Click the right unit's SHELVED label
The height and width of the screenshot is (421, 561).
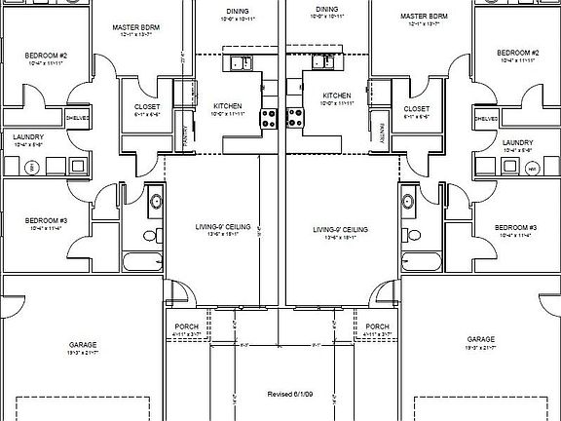pyautogui.click(x=487, y=119)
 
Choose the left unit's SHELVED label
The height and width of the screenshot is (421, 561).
pyautogui.click(x=78, y=119)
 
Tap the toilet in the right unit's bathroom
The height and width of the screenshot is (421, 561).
pyautogui.click(x=413, y=235)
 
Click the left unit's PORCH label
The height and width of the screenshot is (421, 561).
pyautogui.click(x=187, y=326)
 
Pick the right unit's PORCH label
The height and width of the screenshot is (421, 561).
pyautogui.click(x=377, y=326)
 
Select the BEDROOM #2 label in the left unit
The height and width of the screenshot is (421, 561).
pyautogui.click(x=45, y=57)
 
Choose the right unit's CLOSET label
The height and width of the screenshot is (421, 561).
pyautogui.click(x=416, y=109)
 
